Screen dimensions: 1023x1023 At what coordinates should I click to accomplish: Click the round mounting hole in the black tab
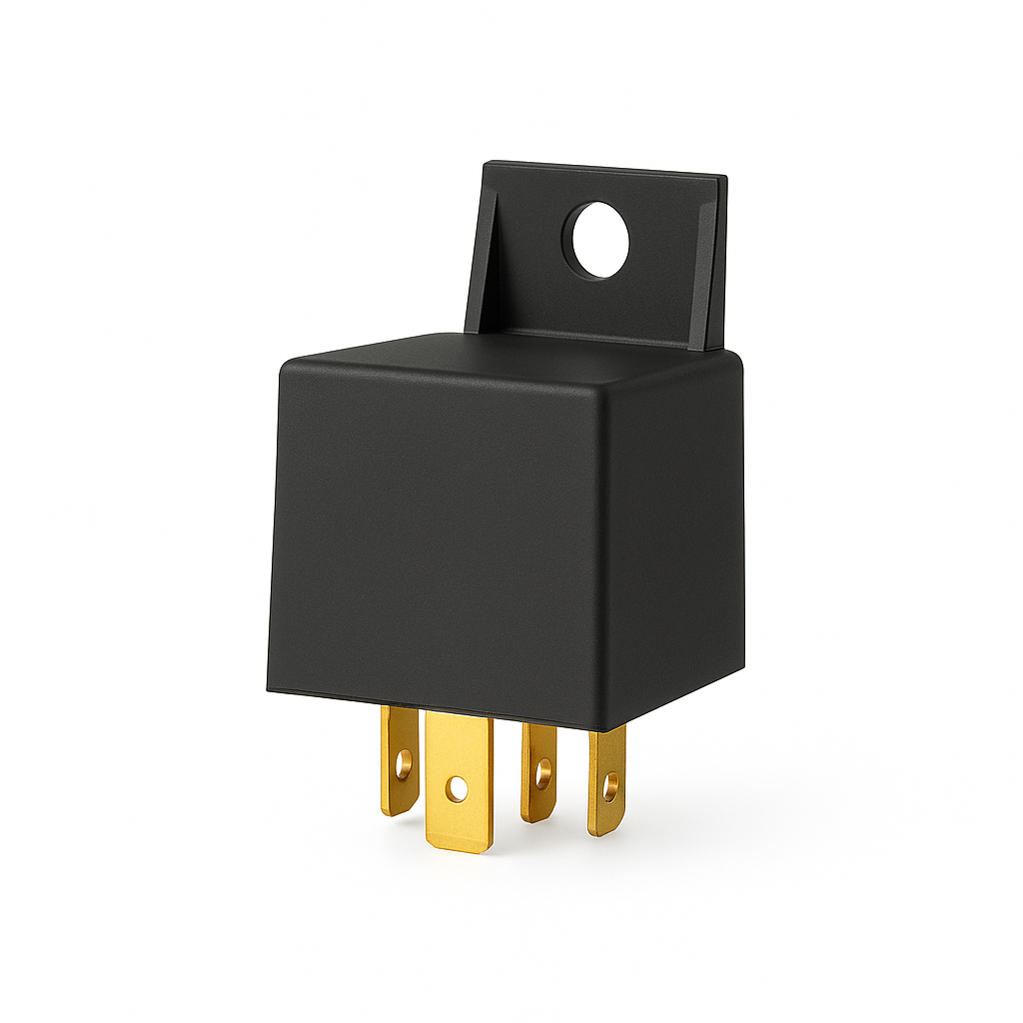[x=600, y=240]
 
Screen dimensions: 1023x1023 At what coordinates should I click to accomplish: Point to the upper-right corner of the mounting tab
[x=725, y=178]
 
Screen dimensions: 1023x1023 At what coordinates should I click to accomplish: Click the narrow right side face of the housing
[x=679, y=539]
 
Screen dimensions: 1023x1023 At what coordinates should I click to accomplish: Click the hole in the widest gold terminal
[x=457, y=789]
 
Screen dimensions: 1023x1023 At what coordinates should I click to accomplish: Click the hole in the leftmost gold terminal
[x=403, y=766]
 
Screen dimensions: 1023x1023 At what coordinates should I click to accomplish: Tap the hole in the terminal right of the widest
[x=542, y=771]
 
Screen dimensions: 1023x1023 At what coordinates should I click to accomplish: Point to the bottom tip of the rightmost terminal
[x=601, y=833]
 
